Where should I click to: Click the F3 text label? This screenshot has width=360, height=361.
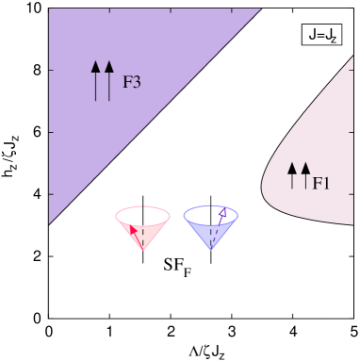point(132,81)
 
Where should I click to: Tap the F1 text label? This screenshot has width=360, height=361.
point(321,183)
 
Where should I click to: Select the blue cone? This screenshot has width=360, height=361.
point(210,226)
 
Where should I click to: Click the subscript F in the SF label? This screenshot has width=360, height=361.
point(188,273)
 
